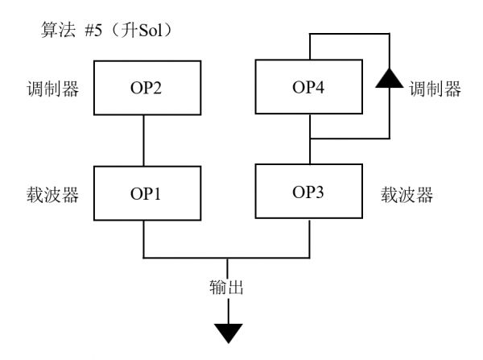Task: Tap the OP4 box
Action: [x=310, y=88]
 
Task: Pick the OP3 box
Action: [x=310, y=192]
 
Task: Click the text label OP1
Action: [x=145, y=194]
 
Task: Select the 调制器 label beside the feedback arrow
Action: [x=436, y=87]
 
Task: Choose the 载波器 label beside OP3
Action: [x=407, y=193]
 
